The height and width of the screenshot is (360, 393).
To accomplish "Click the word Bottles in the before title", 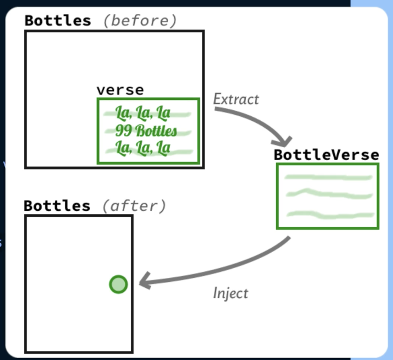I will [x=58, y=20].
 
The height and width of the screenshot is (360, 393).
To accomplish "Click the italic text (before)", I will [x=139, y=20].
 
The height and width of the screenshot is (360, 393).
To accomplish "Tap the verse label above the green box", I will [x=120, y=90].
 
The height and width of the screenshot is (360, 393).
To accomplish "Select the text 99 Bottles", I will [x=146, y=131].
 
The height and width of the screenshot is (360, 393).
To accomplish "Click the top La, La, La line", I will [x=143, y=113].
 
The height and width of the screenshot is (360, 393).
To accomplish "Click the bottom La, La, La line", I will [x=143, y=148].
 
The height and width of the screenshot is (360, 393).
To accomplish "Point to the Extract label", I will [x=236, y=99].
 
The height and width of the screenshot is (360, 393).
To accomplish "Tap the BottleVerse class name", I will [x=326, y=155].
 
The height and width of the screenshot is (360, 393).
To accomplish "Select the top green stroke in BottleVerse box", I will [x=328, y=177].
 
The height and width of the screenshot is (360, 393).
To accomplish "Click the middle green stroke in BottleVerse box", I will [x=328, y=194].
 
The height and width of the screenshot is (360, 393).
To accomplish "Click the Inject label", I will [x=230, y=293].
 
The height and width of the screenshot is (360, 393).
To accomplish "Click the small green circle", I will [x=118, y=284].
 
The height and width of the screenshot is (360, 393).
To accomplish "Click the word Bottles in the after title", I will [x=57, y=205].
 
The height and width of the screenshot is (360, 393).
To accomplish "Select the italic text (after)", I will [x=134, y=205].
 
